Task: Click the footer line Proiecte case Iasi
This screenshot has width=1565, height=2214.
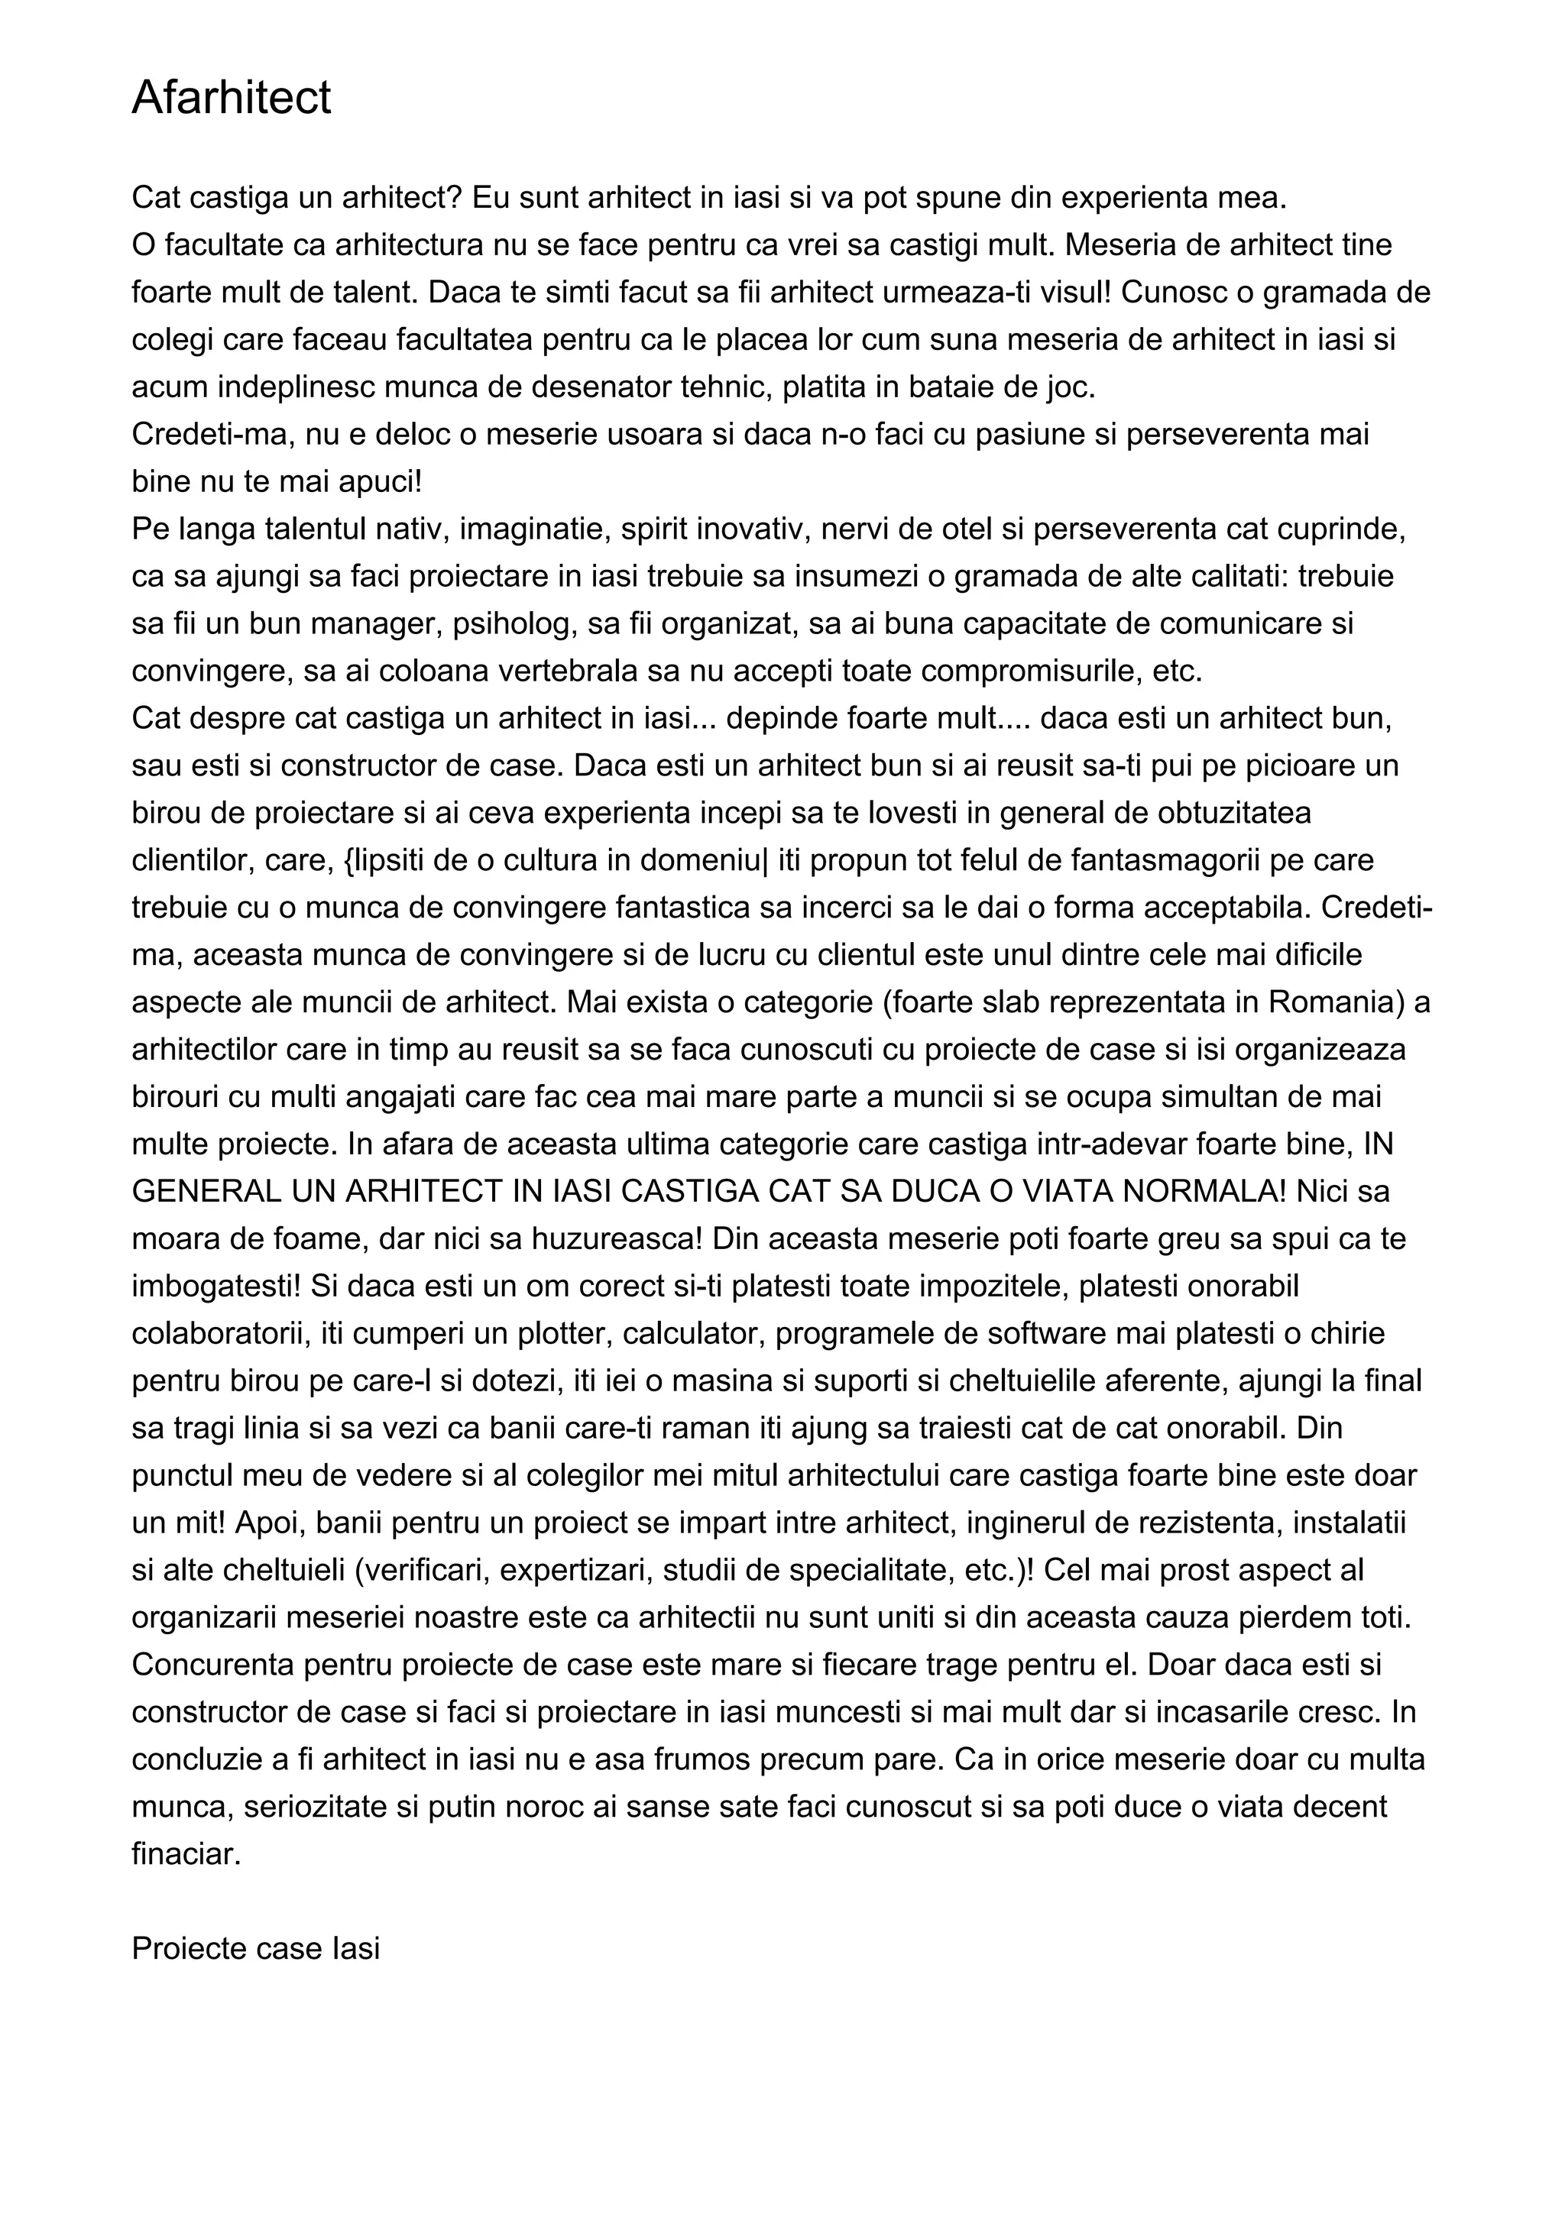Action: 255,1949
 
